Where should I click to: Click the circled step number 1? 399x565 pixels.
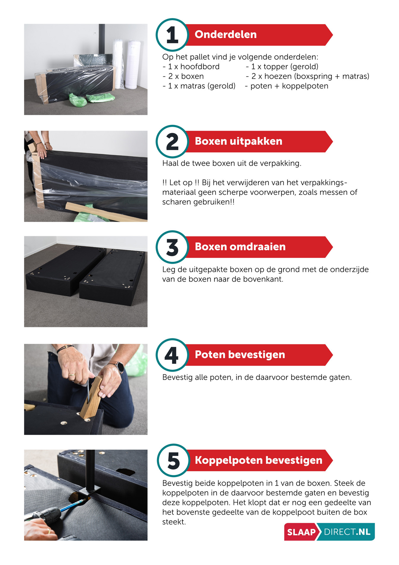[x=172, y=35]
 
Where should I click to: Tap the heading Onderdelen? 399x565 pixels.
[x=225, y=34]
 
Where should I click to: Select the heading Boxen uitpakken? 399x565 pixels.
[x=238, y=141]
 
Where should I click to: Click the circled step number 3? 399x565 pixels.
[x=172, y=247]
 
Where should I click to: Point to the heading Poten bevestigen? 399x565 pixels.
[x=240, y=354]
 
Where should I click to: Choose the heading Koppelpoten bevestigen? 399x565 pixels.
[x=258, y=460]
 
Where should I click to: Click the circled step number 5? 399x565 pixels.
[x=173, y=461]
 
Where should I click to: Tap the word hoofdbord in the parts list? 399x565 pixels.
[x=200, y=67]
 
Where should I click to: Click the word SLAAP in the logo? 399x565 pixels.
[x=301, y=532]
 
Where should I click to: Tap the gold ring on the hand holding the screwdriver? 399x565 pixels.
[x=71, y=375]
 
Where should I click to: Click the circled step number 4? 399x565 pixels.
[x=172, y=355]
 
